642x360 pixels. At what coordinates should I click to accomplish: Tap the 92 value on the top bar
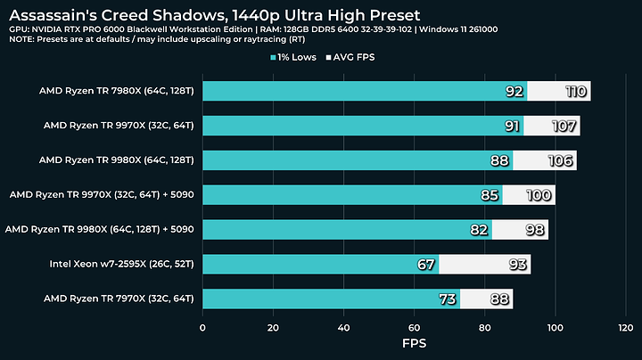(x=514, y=91)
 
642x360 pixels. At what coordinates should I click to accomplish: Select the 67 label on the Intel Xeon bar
(x=425, y=264)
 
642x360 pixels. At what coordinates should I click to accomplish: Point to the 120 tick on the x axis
(x=625, y=328)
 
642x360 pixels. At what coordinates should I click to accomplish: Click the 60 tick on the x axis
(x=414, y=328)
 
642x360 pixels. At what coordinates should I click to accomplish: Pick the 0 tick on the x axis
(x=202, y=328)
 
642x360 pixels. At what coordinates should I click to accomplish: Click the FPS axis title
(x=414, y=343)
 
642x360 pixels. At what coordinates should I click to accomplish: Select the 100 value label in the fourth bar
(x=539, y=195)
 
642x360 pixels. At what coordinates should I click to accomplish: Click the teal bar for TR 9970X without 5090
(x=357, y=126)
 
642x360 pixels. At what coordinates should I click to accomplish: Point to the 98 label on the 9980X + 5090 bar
(x=532, y=229)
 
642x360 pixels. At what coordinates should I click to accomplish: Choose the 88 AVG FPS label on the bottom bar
(x=498, y=299)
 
